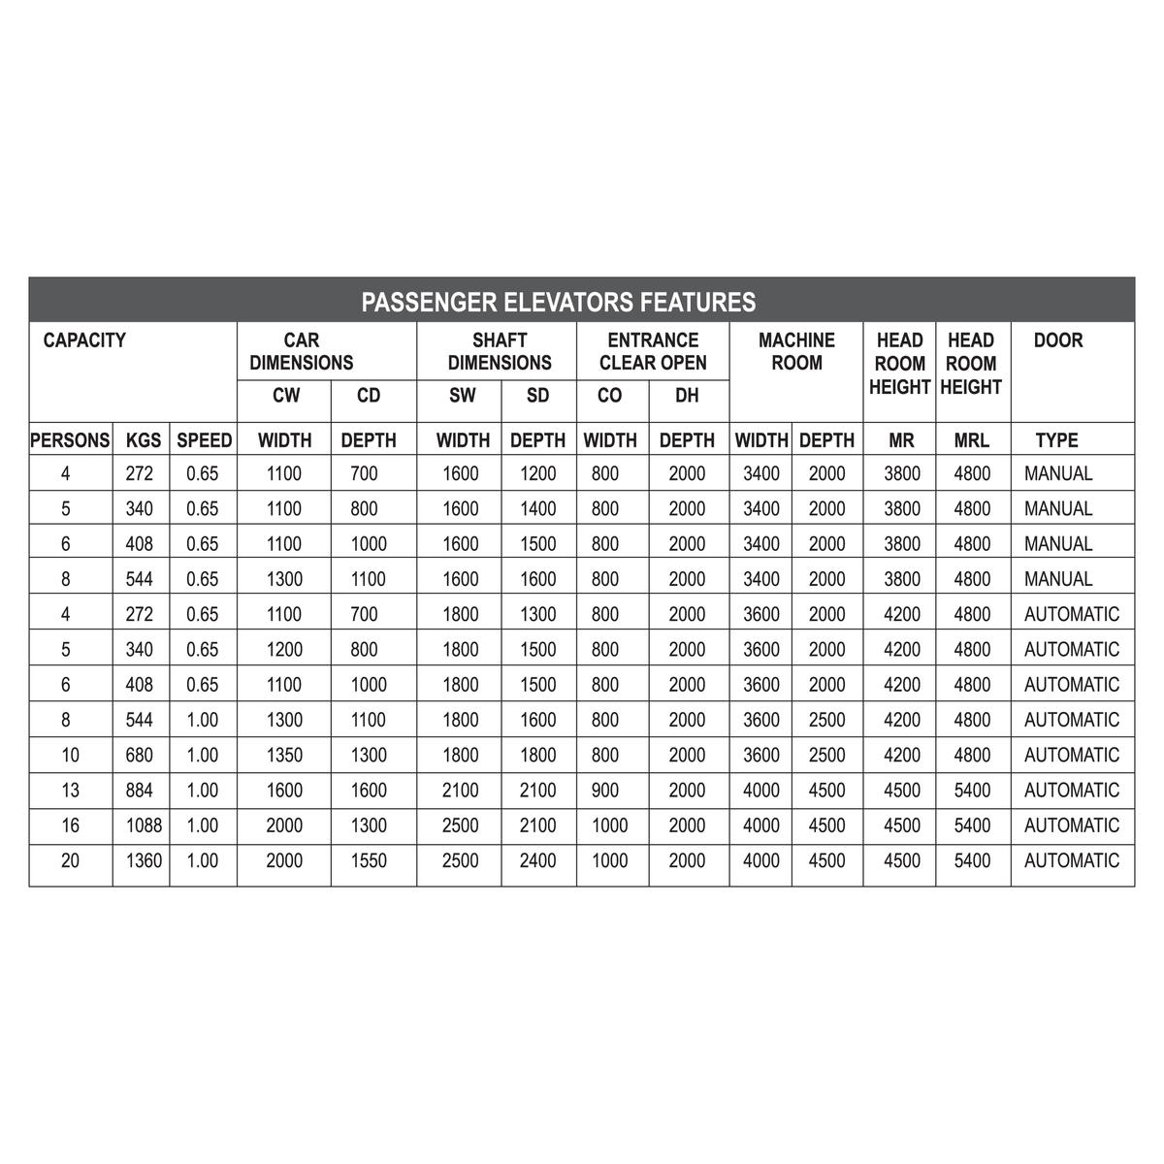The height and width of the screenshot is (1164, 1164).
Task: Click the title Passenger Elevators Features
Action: pos(558,302)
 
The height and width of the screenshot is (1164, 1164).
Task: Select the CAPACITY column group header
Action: pos(84,340)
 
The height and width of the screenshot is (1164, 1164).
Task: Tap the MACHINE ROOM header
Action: pos(796,351)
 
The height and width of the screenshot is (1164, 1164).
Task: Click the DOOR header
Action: pos(1058,340)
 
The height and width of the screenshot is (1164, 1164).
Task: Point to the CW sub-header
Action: pos(286,396)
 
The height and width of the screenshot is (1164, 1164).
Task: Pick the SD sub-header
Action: pos(537,396)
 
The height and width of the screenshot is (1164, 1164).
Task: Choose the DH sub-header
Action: pos(687,396)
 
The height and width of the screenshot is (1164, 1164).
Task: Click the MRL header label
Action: pos(971,440)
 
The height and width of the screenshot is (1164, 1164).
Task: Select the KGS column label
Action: pos(144,440)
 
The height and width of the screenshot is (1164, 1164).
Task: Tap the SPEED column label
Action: pos(204,440)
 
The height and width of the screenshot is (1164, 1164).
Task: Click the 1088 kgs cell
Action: pos(144,825)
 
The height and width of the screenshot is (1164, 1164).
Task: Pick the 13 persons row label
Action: pos(70,791)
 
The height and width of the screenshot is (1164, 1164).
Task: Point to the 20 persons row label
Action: pos(70,860)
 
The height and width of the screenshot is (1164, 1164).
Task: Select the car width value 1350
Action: pos(284,755)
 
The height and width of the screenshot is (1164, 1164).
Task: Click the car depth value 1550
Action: pos(369,860)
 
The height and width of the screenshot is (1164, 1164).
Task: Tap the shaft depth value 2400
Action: pos(537,860)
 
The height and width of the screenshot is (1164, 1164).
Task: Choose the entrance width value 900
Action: pos(604,791)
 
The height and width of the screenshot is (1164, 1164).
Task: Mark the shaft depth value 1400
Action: pos(537,508)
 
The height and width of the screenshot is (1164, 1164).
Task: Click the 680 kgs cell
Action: pos(140,755)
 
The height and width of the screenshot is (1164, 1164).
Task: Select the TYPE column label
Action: pos(1056,440)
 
